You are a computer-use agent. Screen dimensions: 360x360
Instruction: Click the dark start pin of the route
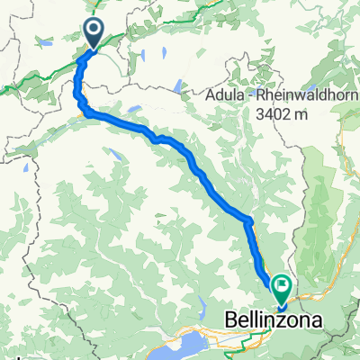pos(94,33)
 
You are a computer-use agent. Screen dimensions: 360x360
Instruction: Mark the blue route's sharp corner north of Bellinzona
pos(248,220)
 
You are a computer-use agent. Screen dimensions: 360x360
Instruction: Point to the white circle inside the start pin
pos(94,30)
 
